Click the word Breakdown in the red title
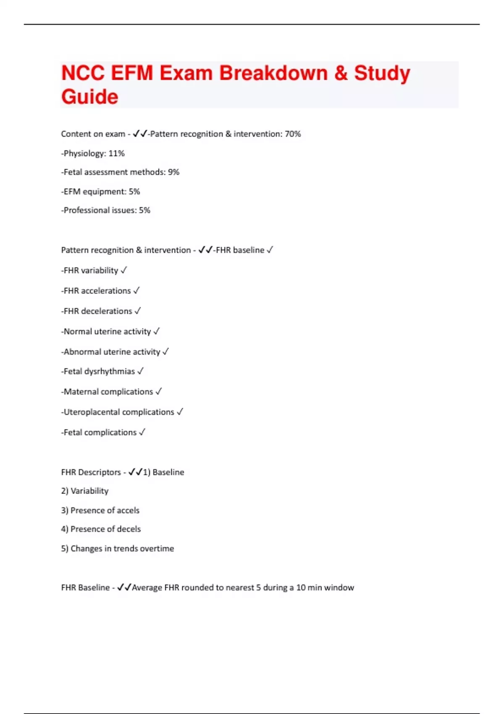[273, 73]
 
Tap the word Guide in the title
[90, 97]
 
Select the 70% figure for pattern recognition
[293, 134]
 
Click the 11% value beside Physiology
[117, 153]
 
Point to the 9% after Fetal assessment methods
[173, 172]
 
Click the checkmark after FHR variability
[123, 270]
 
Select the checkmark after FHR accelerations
[136, 291]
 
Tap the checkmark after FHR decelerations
[137, 311]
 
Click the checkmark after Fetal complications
[142, 432]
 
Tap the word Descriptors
[100, 472]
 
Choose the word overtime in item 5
[157, 549]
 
